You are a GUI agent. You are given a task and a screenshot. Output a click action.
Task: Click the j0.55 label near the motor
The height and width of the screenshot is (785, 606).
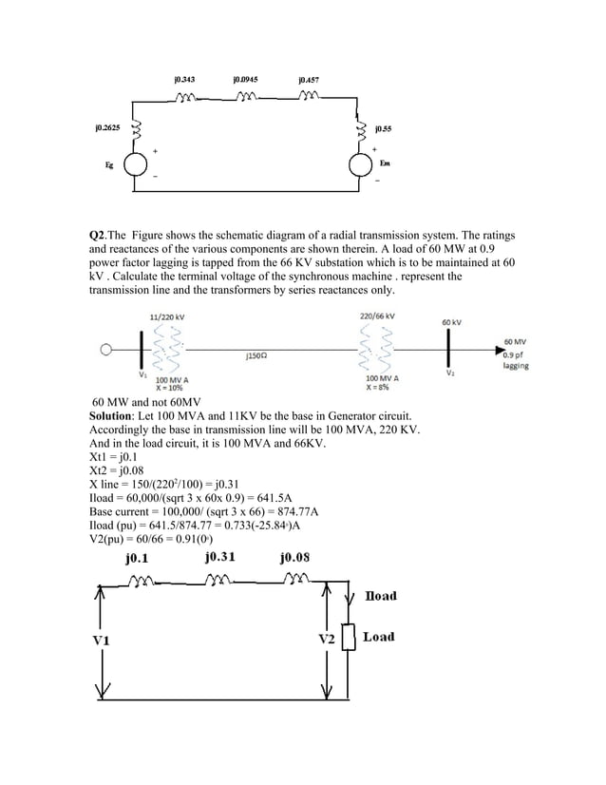385,126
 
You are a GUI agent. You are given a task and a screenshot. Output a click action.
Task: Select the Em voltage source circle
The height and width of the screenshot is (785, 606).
361,164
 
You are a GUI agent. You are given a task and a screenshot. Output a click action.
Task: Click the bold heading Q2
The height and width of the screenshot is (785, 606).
96,234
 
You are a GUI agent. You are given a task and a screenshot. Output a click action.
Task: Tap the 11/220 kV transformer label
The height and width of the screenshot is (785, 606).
167,315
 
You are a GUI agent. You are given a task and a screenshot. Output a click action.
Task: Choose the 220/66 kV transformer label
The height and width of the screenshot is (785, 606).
377,315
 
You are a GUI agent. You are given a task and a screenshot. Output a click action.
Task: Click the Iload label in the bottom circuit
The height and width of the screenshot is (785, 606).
380,596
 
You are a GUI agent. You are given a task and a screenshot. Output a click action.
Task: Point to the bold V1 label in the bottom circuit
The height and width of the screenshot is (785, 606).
101,640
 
